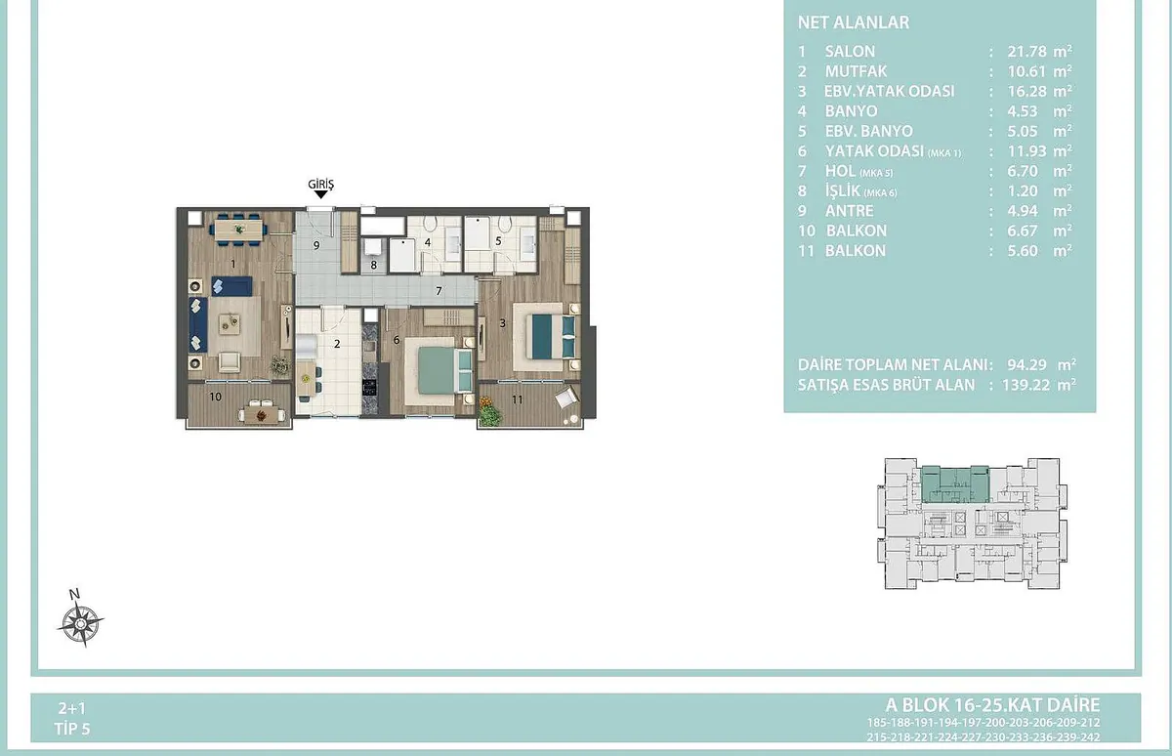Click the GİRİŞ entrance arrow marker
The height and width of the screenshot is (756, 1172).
click(320, 194)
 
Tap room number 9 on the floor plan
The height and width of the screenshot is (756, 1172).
click(316, 245)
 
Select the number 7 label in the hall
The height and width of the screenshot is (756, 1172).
click(439, 291)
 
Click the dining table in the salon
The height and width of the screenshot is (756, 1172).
click(238, 230)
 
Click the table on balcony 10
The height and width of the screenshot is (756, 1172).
click(262, 415)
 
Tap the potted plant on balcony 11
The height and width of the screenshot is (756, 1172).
click(489, 413)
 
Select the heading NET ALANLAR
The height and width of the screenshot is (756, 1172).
click(854, 22)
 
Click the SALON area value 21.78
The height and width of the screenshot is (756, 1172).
click(1026, 51)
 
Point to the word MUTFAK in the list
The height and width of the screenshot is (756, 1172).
click(856, 71)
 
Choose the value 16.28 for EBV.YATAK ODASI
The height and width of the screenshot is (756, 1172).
click(1026, 91)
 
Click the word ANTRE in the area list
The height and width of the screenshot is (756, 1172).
click(849, 211)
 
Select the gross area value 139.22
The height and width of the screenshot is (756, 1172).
click(1026, 385)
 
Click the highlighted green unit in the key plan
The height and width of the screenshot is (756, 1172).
click(955, 483)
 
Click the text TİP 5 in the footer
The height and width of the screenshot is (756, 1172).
click(72, 729)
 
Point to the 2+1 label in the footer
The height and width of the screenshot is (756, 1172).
click(72, 708)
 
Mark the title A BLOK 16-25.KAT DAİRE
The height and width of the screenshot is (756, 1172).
click(992, 705)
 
